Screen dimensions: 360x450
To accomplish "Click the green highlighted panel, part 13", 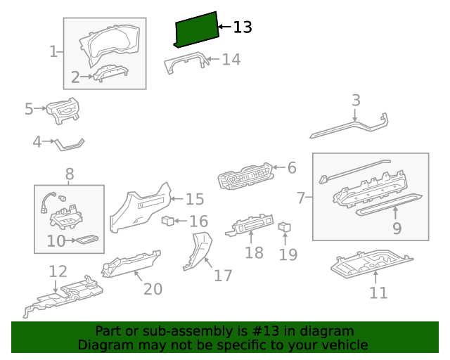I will click(x=195, y=32).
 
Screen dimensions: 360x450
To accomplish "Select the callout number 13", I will click(x=242, y=27).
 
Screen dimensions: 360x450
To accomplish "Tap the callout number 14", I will click(x=231, y=60).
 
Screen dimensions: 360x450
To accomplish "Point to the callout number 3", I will click(x=356, y=101).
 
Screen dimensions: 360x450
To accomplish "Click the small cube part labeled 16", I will click(x=168, y=221).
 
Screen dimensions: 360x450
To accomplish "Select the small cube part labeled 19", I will click(x=285, y=227).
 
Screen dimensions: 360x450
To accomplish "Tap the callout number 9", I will click(x=397, y=228).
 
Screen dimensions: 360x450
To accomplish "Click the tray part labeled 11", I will click(x=371, y=263).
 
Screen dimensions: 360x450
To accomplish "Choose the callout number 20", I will click(x=153, y=288).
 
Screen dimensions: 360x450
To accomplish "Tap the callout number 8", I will click(x=70, y=174).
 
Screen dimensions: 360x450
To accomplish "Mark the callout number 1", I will click(x=53, y=51).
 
